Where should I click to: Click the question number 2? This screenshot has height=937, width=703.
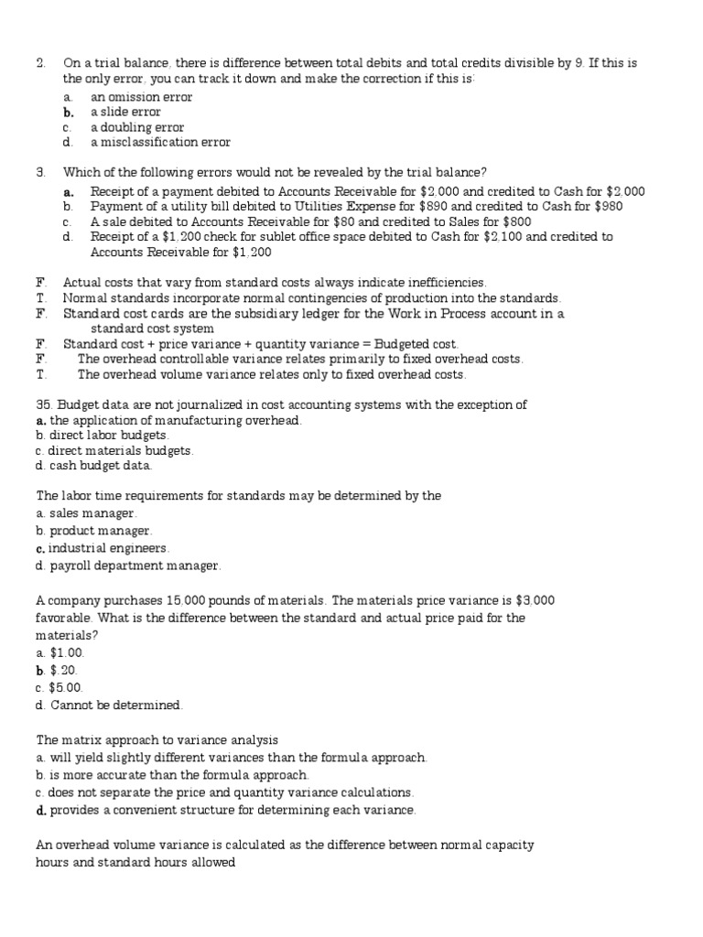40,63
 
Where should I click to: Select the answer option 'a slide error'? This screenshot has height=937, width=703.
125,112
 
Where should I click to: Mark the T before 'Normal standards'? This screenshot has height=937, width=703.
40,298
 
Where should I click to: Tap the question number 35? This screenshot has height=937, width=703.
44,404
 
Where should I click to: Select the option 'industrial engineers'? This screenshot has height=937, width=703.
108,547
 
